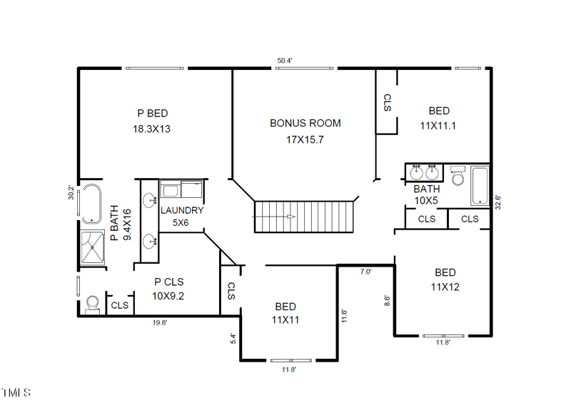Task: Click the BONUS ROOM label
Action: tap(305, 123)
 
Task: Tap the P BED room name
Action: tap(153, 114)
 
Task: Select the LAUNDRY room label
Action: tap(182, 210)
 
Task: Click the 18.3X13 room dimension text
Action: tap(151, 129)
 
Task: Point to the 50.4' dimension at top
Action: tap(285, 61)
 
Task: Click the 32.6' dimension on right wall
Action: tap(497, 202)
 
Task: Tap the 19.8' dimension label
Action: tap(160, 322)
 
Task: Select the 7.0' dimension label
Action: tap(365, 272)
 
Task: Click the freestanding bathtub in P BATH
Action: tap(91, 204)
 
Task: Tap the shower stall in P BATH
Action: tap(93, 247)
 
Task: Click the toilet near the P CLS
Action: tap(93, 304)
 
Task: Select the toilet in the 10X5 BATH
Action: tap(458, 176)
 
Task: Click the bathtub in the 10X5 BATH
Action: tap(480, 186)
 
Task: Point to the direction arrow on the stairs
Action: tap(273, 217)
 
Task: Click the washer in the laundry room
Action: tap(170, 189)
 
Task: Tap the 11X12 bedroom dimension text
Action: tap(445, 287)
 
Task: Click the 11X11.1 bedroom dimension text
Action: tap(438, 126)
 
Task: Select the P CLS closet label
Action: tap(169, 282)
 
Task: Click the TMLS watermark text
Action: tap(16, 392)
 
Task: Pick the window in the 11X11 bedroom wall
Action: tap(291, 361)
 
